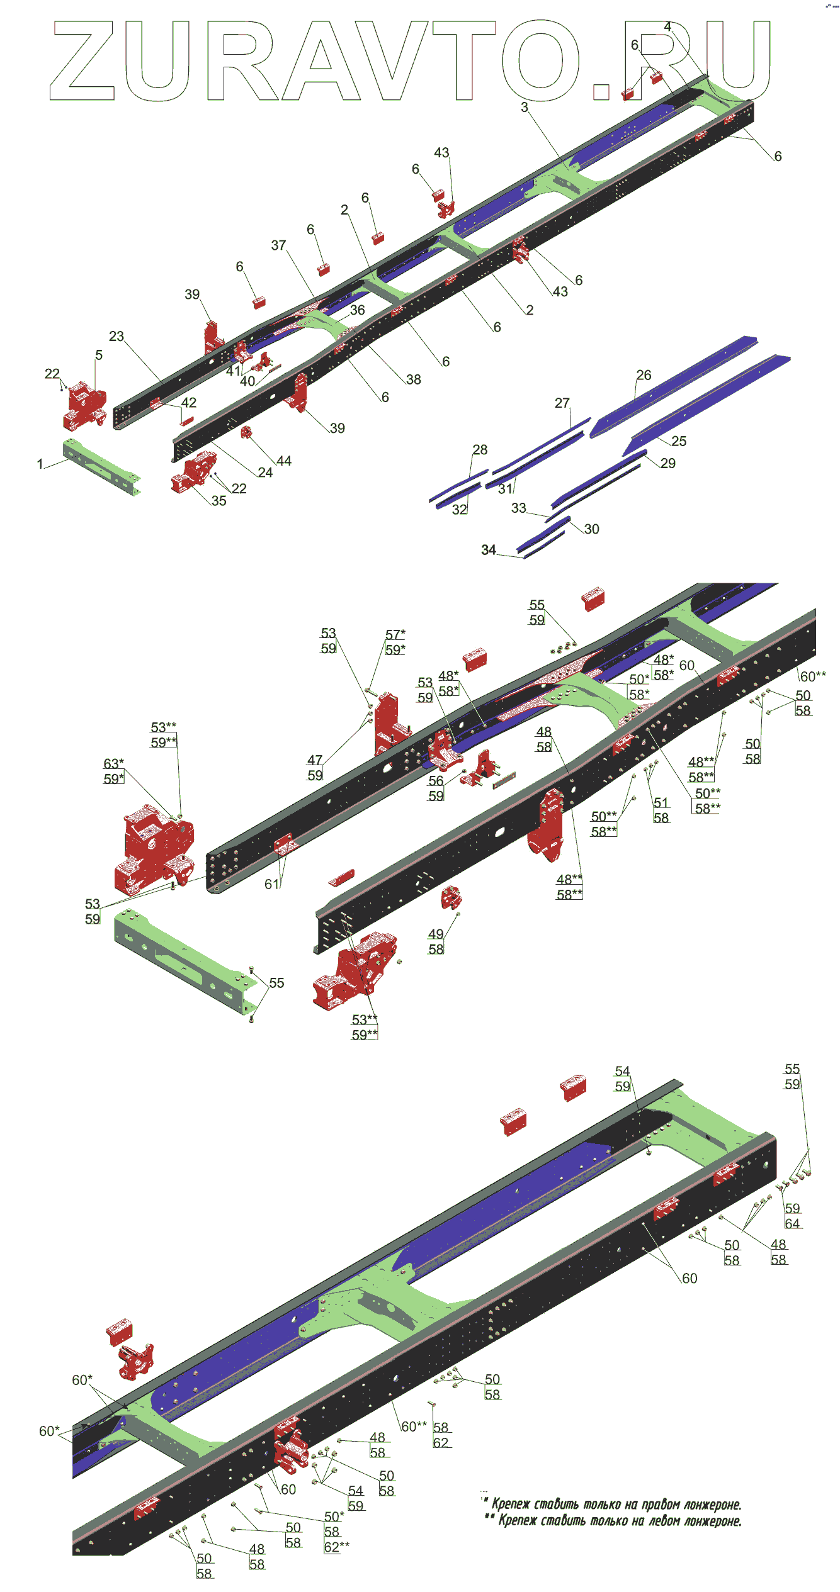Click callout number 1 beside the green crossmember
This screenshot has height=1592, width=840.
coord(40,464)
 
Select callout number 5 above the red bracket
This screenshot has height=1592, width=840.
coord(99,356)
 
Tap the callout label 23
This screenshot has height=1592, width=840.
coord(116,337)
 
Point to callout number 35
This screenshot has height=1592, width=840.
coord(219,502)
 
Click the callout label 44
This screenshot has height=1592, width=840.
coord(284,461)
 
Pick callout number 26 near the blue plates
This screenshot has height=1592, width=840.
coord(644,376)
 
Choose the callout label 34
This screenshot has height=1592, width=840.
coord(489,551)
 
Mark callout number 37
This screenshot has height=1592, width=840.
coord(278,245)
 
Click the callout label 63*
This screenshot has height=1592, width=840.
coord(113,764)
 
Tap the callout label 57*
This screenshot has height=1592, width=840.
coord(395,635)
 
